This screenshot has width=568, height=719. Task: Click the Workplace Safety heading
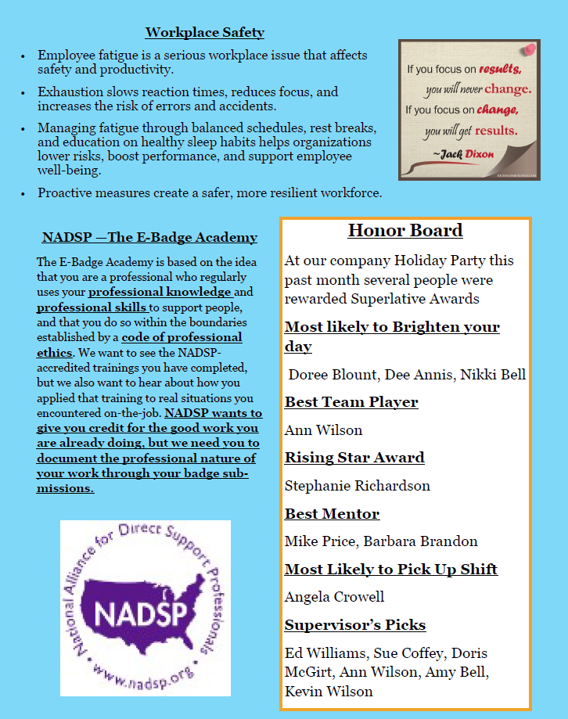[205, 32]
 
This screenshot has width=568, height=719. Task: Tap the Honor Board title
[405, 230]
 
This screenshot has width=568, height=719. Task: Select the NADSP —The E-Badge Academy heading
[149, 237]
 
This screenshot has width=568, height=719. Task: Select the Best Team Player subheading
[351, 402]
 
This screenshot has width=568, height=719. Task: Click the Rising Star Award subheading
[354, 458]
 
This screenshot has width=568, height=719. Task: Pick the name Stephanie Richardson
[358, 486]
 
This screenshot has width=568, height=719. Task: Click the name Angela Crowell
[335, 597]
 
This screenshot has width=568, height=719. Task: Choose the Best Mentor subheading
[332, 514]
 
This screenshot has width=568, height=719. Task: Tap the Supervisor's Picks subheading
[355, 625]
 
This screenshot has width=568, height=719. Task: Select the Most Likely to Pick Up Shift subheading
[391, 570]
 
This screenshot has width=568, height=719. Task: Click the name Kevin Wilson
[329, 692]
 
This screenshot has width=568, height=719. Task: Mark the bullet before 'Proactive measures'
[23, 192]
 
